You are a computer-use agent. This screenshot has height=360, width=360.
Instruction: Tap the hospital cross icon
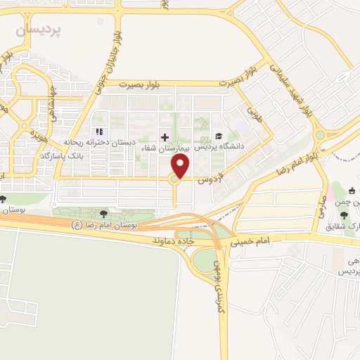pyautogui.click(x=165, y=136)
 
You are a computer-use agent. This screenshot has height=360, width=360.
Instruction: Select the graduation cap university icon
pyautogui.click(x=219, y=136)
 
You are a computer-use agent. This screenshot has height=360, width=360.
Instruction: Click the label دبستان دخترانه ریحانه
pyautogui.click(x=99, y=142)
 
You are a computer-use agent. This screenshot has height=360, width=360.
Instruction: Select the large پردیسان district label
pyautogui.click(x=39, y=30)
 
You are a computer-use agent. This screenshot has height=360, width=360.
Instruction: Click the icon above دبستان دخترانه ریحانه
pyautogui.click(x=99, y=131)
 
